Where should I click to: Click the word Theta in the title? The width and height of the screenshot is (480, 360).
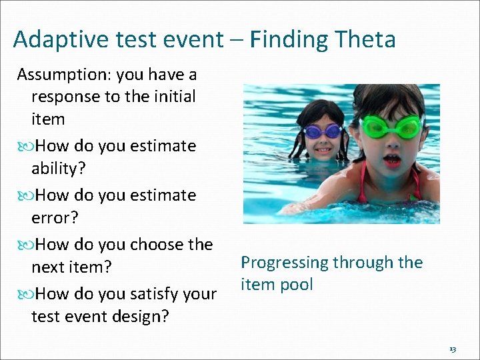(365, 40)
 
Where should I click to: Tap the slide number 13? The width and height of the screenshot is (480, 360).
(452, 349)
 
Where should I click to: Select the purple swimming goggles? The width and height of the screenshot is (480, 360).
(323, 131)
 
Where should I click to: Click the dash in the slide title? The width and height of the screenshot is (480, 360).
(236, 41)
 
